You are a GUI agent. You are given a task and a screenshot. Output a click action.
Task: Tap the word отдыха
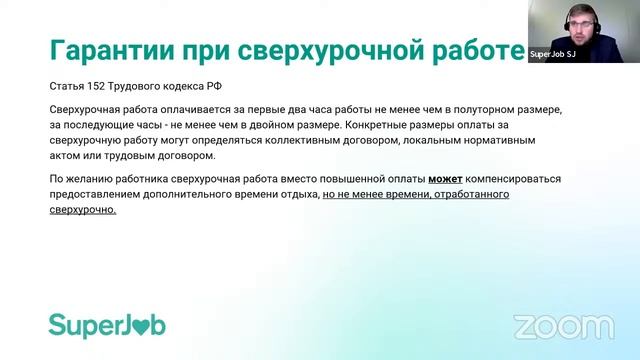(294, 196)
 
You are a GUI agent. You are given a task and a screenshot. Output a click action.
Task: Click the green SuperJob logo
(107, 325)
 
